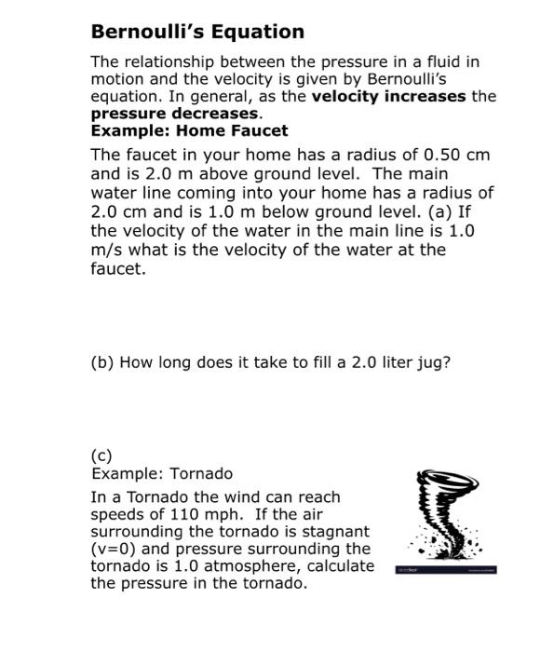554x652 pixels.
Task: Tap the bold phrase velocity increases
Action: pyautogui.click(x=388, y=97)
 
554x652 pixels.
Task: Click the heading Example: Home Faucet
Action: pyautogui.click(x=189, y=130)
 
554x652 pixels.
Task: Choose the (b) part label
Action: pyautogui.click(x=102, y=362)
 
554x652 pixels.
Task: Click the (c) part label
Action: pyautogui.click(x=101, y=456)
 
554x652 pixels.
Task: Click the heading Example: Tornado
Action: pyautogui.click(x=162, y=474)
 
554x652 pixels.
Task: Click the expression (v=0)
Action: pyautogui.click(x=115, y=550)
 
